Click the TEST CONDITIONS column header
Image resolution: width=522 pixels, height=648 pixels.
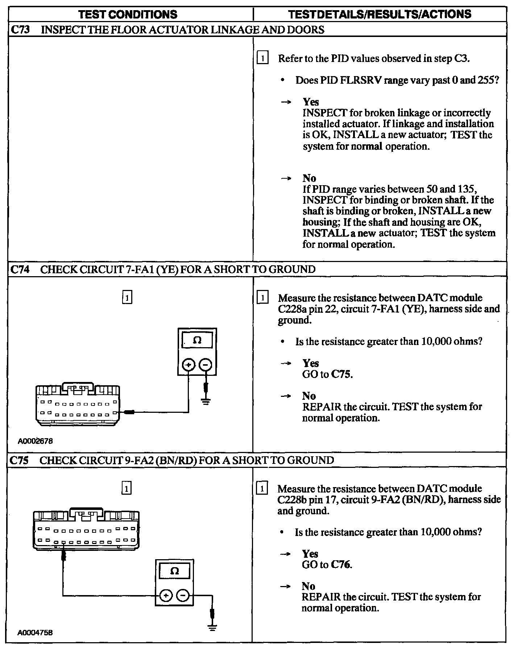click(128, 14)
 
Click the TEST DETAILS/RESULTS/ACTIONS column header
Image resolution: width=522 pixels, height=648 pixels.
click(380, 14)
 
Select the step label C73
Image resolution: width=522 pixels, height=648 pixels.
click(20, 29)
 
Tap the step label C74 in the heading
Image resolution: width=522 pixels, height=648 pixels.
click(20, 269)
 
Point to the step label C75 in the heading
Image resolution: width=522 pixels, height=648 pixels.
click(20, 460)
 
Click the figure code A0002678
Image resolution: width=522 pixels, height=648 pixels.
click(36, 441)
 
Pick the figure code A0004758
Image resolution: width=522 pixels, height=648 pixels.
click(35, 632)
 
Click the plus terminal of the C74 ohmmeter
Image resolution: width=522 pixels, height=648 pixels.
click(188, 365)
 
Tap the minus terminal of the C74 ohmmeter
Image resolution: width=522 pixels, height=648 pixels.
click(206, 365)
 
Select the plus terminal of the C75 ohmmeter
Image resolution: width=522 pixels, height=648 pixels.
click(166, 595)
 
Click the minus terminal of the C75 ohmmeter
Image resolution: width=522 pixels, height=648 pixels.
click(183, 595)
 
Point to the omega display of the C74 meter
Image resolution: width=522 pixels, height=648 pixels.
click(197, 340)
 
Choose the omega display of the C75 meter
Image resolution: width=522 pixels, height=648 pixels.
click(174, 571)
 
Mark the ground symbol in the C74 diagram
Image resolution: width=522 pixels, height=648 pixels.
click(206, 402)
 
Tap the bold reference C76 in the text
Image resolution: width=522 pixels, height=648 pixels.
click(341, 564)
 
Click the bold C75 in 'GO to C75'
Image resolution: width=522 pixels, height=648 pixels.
click(342, 374)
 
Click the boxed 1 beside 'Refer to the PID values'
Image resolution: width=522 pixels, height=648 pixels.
click(262, 58)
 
